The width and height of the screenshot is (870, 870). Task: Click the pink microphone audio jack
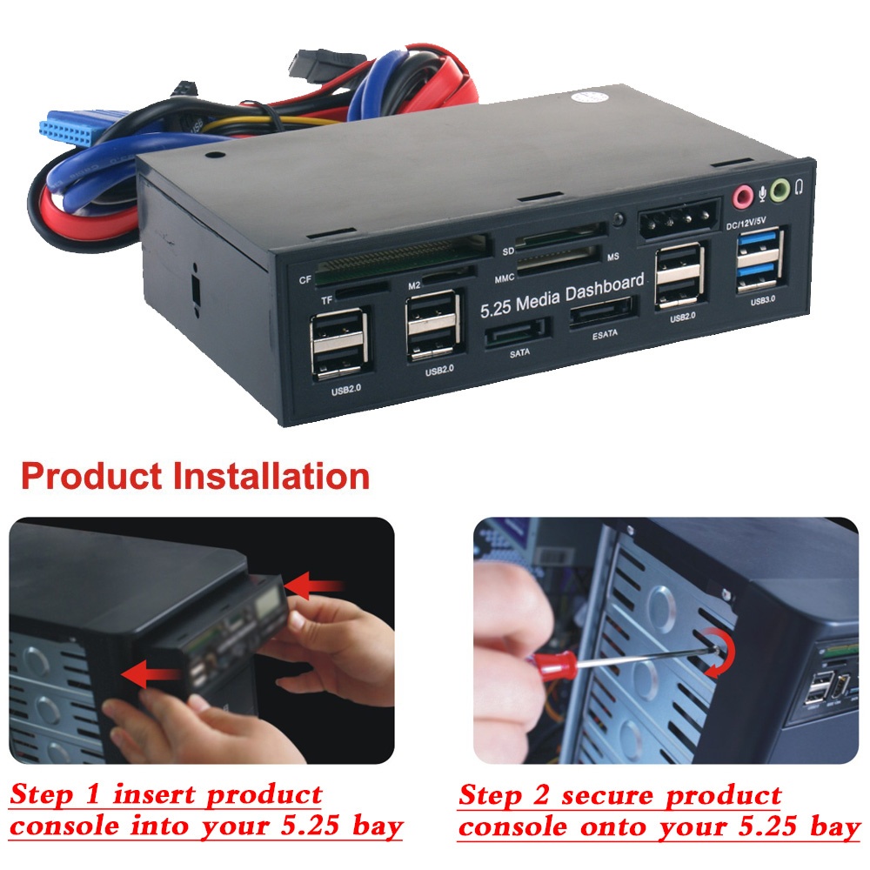coord(741,195)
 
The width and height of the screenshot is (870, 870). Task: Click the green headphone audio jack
coord(780,189)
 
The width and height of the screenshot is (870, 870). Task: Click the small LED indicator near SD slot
coord(619,219)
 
